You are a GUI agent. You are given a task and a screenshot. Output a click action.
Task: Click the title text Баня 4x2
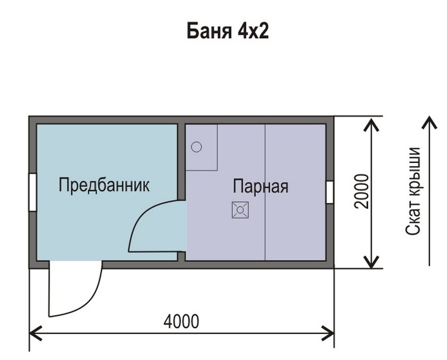[228, 30]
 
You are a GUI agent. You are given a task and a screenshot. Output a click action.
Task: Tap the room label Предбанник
[104, 185]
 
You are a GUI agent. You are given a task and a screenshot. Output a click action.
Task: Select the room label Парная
[261, 186]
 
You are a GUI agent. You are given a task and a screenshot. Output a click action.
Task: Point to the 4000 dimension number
[181, 321]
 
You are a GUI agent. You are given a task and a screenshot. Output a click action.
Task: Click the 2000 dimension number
[361, 191]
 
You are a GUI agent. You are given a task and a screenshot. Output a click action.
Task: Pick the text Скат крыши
[413, 191]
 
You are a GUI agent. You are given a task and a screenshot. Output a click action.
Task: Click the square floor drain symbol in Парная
[240, 210]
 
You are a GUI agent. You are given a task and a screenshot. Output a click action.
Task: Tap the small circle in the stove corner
[197, 147]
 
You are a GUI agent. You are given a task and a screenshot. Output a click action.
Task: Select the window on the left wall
[33, 192]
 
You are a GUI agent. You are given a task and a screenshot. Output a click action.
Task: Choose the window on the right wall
[330, 192]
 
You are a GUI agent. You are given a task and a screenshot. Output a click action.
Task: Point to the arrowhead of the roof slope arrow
[429, 122]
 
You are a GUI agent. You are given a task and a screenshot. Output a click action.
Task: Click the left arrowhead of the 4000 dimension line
[35, 333]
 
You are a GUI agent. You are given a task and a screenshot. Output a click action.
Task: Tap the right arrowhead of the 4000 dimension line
[329, 333]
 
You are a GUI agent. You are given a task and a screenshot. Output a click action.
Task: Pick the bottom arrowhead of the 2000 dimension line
[371, 261]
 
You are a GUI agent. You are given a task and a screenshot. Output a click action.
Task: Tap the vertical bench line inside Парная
[266, 192]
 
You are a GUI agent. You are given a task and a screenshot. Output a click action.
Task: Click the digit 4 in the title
[242, 31]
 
